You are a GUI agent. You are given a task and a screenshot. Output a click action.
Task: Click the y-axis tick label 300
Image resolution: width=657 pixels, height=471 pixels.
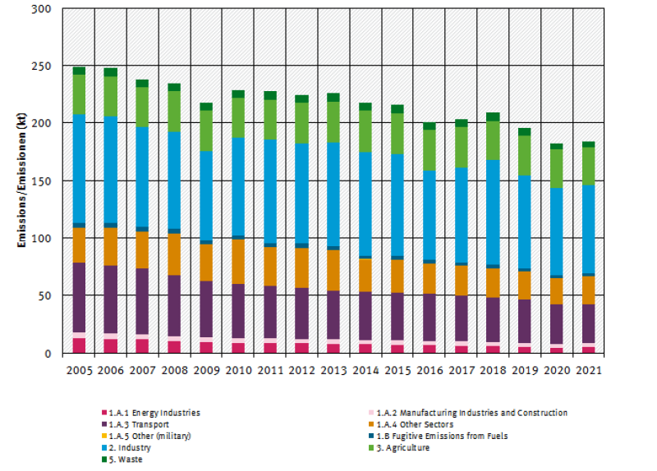tap(44, 9)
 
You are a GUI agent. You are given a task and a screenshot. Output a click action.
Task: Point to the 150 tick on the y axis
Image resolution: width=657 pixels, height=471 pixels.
tap(44, 124)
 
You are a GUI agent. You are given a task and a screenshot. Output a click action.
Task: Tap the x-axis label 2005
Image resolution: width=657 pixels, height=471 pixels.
tap(79, 370)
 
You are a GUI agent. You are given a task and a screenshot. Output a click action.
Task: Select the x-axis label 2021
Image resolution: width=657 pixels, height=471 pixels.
tap(587, 370)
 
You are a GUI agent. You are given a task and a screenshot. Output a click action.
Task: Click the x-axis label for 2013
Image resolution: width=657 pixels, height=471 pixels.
tap(333, 370)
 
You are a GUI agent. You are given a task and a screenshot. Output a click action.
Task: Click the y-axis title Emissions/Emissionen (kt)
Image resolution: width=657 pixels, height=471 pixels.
tap(21, 181)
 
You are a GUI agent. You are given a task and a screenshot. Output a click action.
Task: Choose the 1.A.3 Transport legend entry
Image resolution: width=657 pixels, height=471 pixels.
tap(136, 424)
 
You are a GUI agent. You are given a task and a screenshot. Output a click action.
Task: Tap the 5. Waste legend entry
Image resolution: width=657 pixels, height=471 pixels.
tap(124, 459)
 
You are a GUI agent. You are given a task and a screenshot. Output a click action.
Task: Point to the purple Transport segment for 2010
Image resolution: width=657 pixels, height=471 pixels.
tap(238, 311)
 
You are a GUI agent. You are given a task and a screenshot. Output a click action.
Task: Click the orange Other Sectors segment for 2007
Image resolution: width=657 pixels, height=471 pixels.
tap(143, 249)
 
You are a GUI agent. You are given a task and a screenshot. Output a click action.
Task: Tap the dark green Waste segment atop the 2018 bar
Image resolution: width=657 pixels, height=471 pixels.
tap(492, 117)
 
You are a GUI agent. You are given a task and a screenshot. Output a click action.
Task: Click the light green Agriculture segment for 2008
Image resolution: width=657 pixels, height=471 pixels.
tap(174, 112)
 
